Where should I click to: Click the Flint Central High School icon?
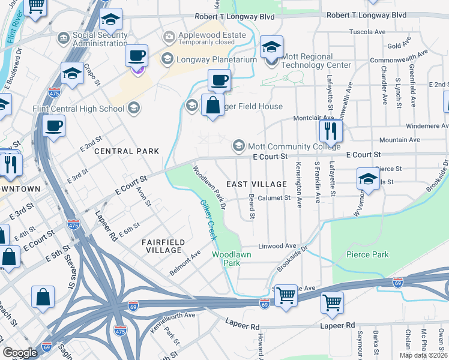tap(134, 109)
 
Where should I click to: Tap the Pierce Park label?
tap(367, 254)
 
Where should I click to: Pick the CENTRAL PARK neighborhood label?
tap(127, 151)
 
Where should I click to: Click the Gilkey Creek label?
tap(208, 220)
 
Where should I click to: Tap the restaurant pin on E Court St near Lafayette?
tap(330, 130)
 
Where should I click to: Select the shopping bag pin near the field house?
tap(212, 106)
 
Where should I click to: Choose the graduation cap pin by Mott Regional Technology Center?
tap(271, 47)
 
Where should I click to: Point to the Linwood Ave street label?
tap(277, 246)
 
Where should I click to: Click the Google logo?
tap(20, 352)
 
